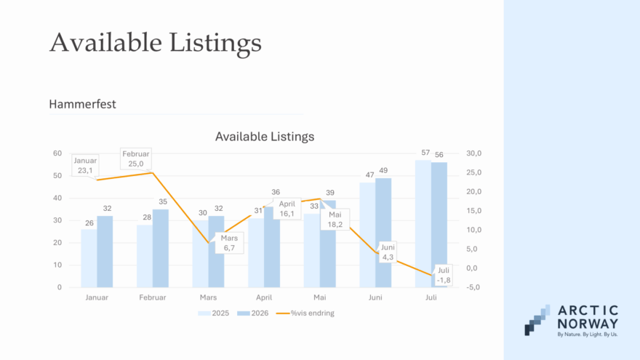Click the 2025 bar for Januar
click(x=89, y=258)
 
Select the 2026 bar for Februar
click(x=161, y=248)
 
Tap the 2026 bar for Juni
click(x=383, y=233)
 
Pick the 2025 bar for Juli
click(x=423, y=224)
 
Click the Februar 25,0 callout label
click(x=136, y=159)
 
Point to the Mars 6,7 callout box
click(x=229, y=243)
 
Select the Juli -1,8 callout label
click(x=444, y=275)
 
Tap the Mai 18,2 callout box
click(x=335, y=220)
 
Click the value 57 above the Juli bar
click(x=425, y=153)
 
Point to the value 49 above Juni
click(x=383, y=171)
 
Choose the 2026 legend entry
click(x=253, y=313)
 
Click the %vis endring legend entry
click(x=305, y=313)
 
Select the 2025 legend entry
click(x=214, y=313)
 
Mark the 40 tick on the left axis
click(x=57, y=198)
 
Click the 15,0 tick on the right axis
click(x=474, y=211)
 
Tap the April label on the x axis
click(x=264, y=297)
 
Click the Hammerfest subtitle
click(x=82, y=104)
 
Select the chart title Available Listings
click(x=265, y=136)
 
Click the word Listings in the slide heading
click(x=215, y=43)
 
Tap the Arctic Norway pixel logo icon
click(x=537, y=320)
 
